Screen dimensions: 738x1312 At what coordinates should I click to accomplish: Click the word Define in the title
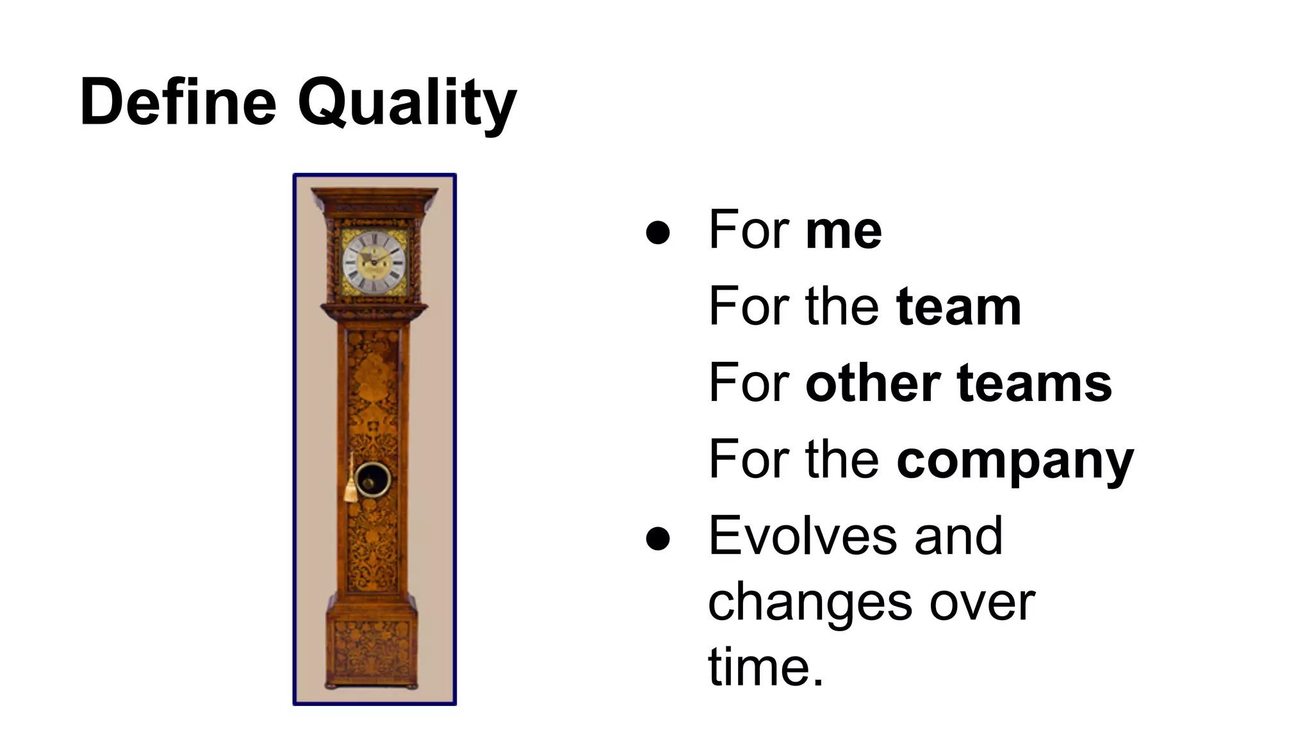pos(178,102)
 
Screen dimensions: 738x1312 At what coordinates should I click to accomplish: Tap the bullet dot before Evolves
pos(658,538)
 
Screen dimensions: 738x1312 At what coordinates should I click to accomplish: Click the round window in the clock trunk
pos(373,479)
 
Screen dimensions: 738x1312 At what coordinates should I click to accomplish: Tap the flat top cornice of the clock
pos(375,196)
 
